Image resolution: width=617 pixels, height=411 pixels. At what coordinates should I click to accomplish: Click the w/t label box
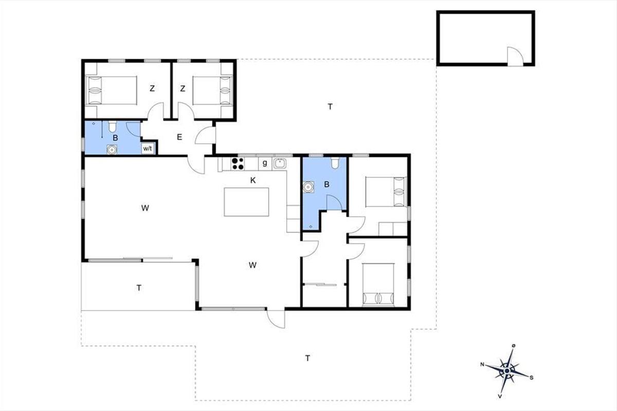[148, 148]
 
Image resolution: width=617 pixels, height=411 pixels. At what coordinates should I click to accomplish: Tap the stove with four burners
[238, 163]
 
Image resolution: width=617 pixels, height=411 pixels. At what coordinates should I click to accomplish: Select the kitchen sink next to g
[279, 163]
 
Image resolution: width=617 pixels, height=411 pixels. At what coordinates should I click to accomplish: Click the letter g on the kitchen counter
[265, 163]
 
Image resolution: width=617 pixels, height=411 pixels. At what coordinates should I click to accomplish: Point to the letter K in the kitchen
[253, 180]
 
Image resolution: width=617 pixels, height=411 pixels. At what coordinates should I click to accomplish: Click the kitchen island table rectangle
[246, 202]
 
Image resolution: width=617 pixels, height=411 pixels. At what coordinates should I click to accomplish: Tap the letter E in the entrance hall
[179, 137]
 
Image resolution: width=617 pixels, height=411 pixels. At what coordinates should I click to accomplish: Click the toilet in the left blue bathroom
[112, 126]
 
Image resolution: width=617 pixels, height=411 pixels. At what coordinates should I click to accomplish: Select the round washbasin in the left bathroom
[112, 150]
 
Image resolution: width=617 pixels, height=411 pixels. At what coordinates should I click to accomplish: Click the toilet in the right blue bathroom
[335, 163]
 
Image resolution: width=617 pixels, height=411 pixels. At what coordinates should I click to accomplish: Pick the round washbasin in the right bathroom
[308, 187]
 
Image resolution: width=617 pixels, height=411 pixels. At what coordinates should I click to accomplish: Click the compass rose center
[507, 371]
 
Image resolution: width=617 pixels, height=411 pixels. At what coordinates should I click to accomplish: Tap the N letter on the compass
[482, 364]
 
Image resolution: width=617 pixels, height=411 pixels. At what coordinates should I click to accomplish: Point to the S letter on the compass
[531, 378]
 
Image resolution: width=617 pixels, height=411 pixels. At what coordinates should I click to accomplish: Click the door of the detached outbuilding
[515, 57]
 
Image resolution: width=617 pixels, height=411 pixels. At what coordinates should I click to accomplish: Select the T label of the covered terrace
[139, 288]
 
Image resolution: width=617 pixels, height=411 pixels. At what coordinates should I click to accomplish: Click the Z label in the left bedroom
[152, 89]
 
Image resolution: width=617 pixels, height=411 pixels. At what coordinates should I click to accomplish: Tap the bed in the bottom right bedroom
[378, 285]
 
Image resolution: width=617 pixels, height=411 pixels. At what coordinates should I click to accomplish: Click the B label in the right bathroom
[326, 184]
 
